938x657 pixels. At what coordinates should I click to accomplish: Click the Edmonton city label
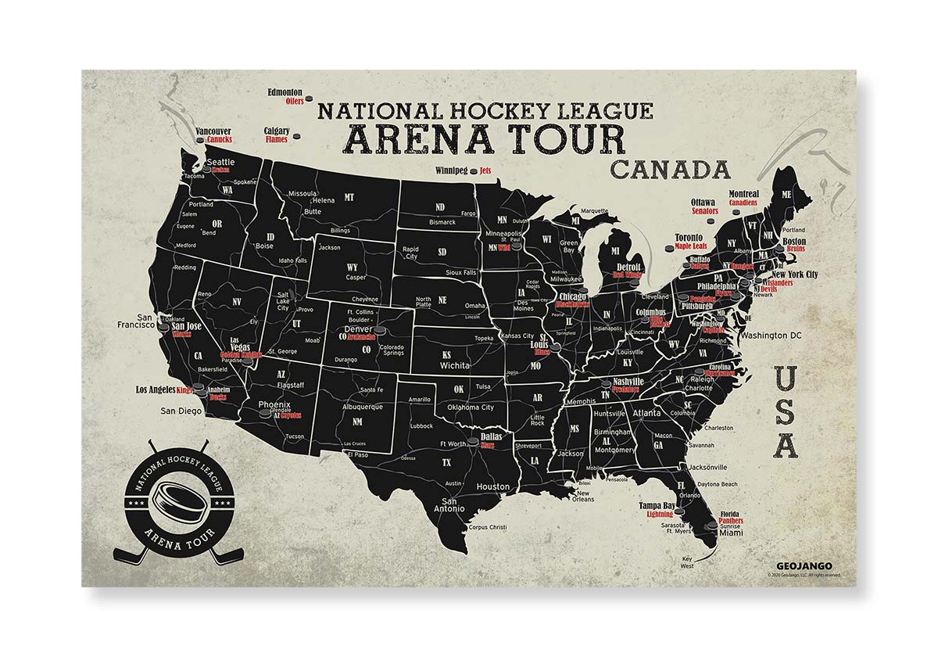coord(285,92)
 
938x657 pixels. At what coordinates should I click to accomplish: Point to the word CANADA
coord(670,170)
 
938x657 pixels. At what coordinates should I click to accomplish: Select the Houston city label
coord(493,486)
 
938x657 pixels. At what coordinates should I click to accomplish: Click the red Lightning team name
coord(659,514)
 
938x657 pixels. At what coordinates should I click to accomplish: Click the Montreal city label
coord(744,194)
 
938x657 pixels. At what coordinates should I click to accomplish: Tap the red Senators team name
coord(704,211)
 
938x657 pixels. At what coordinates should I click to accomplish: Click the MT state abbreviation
coord(349,198)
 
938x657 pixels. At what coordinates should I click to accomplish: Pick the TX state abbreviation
coord(446,462)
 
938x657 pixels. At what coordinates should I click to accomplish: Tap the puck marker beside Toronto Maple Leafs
coord(667,249)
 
